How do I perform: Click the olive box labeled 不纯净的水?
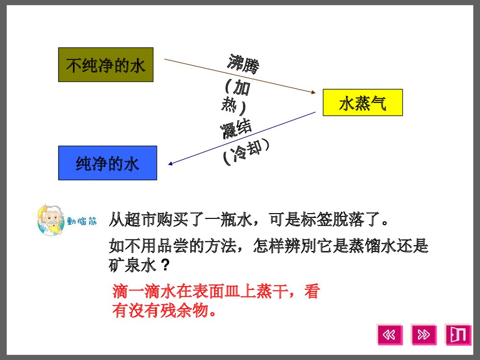click(106, 65)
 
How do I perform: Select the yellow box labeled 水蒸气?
click(362, 103)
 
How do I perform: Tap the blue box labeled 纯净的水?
click(108, 163)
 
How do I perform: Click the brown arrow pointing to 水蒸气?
click(240, 76)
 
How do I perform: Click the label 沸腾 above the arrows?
click(243, 64)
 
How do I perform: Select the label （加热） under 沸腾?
click(236, 96)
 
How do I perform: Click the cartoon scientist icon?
click(49, 221)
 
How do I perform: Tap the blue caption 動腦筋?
click(82, 222)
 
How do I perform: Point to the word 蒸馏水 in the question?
click(374, 247)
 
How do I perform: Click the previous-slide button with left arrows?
click(390, 335)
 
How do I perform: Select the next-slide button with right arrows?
click(424, 335)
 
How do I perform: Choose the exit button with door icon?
click(458, 335)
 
